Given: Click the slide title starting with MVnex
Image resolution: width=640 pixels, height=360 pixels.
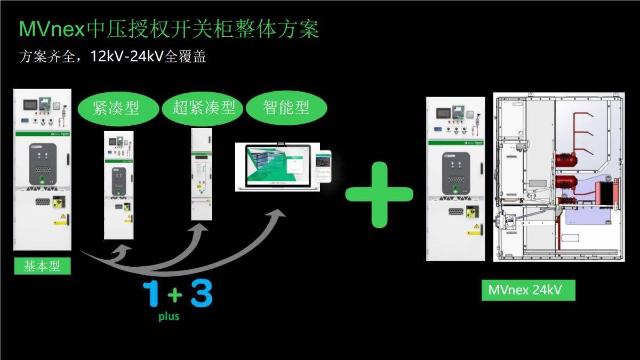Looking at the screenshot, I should point(169,29).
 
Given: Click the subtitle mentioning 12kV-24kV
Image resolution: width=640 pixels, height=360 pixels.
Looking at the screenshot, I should point(113,56).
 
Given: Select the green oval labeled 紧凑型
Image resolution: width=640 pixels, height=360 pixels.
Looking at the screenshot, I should point(116,108).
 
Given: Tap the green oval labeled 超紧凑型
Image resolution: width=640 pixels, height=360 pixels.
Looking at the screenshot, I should point(203,108).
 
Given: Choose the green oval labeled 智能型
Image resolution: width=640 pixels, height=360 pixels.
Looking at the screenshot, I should point(286,108).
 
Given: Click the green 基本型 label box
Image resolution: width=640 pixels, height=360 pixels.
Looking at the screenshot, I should point(42,266).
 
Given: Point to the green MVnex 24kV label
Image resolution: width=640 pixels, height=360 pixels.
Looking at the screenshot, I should point(528,290).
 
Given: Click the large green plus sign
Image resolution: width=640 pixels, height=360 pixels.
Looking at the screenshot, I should point(379,194).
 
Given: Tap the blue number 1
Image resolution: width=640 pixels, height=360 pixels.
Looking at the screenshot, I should point(151,294).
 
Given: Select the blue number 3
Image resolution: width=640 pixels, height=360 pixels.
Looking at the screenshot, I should point(201,293).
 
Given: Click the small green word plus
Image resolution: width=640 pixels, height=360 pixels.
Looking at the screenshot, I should point(169,316).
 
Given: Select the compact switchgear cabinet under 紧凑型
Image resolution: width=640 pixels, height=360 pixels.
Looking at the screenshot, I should point(118,184).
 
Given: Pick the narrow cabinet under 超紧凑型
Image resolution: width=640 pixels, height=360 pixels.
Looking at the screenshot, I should point(202,174).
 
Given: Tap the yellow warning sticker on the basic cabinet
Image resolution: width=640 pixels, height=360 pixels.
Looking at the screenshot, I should point(63,218).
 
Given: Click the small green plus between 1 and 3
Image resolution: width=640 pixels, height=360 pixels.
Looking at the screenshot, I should point(175,294).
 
